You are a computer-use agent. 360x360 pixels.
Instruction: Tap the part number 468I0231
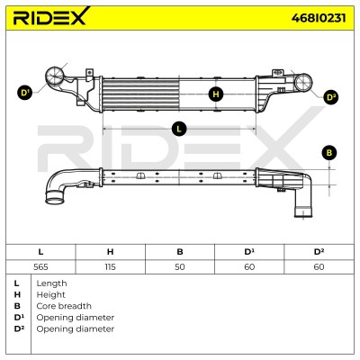[319, 18]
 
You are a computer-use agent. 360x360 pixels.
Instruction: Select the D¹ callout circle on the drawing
[24, 93]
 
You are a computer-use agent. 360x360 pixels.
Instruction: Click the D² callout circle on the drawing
[331, 97]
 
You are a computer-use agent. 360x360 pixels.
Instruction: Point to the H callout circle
[216, 94]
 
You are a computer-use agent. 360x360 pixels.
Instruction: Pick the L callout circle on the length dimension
[179, 129]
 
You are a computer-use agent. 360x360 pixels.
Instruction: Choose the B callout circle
[329, 153]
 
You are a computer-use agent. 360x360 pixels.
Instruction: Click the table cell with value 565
[40, 267]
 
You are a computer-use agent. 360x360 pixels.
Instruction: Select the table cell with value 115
[110, 267]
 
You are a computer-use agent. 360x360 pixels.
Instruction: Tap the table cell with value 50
[180, 267]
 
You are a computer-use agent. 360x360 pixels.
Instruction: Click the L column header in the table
[40, 252]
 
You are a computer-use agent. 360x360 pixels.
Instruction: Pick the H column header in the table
[110, 252]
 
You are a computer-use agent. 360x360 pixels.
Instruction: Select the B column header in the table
[180, 252]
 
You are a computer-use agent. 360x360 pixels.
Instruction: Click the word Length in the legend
[51, 283]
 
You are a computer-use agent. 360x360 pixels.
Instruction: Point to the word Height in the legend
[50, 295]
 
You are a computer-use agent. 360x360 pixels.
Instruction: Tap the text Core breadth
[64, 306]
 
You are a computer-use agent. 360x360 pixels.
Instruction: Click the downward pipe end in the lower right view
[303, 212]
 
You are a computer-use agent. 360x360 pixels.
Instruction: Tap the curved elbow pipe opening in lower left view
[54, 198]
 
